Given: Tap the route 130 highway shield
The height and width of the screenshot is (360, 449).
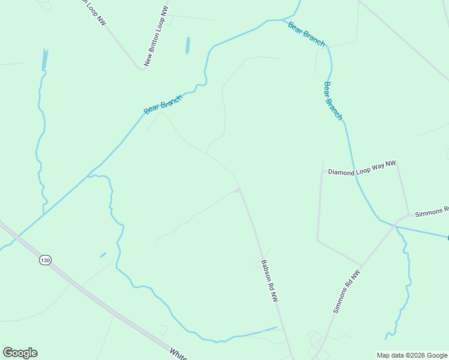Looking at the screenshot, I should point(45,260).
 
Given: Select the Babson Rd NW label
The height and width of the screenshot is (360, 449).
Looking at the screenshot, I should point(270,280).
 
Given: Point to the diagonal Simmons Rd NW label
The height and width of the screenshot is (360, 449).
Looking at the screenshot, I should point(346,292).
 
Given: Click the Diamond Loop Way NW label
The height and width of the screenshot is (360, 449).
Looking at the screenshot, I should point(362,167).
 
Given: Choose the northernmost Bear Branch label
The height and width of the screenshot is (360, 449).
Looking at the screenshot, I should point(306,34).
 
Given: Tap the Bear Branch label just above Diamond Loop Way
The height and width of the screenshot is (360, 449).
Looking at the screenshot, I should point(333,101).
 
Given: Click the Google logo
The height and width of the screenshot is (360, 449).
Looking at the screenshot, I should point(20,353).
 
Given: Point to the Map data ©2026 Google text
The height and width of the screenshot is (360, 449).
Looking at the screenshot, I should point(412,355).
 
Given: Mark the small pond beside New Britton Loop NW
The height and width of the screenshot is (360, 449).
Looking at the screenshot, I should point(188,46).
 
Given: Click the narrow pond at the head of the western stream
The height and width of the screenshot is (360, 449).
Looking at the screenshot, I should point(44,59).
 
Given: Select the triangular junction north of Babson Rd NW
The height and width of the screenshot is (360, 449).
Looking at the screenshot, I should point(238,191).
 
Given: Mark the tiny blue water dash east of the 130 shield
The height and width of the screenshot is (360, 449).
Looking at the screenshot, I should point(103,255).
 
